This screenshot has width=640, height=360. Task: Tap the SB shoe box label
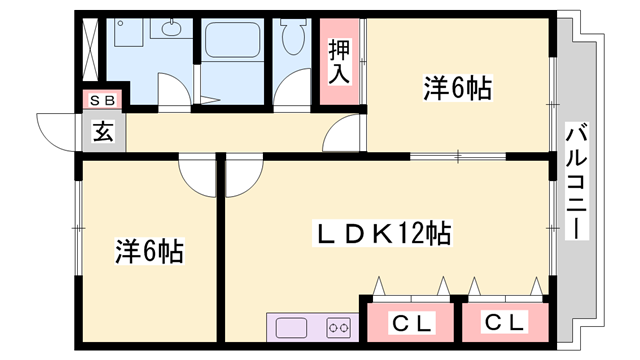[x=103, y=100]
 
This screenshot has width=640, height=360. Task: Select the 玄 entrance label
[x=103, y=129]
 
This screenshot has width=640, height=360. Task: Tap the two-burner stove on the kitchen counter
[x=338, y=327]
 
